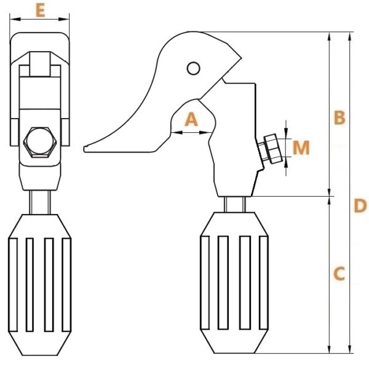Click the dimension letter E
pyautogui.click(x=41, y=11)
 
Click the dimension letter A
pyautogui.click(x=191, y=119)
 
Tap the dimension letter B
pyautogui.click(x=339, y=117)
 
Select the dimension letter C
pyautogui.click(x=339, y=274)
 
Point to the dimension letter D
pyautogui.click(x=360, y=205)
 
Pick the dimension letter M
pyautogui.click(x=301, y=148)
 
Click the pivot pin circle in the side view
pyautogui.click(x=194, y=68)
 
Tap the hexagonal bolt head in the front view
pyautogui.click(x=40, y=142)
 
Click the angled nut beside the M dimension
pyautogui.click(x=272, y=149)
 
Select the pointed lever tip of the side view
pyautogui.click(x=85, y=149)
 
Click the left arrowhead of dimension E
pyautogui.click(x=15, y=19)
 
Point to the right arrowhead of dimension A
pyautogui.click(x=205, y=133)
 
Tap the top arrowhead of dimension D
pyautogui.click(x=350, y=38)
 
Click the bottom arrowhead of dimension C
pyautogui.click(x=330, y=347)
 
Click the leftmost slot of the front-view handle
pyautogui.click(x=13, y=285)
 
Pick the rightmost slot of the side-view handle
pyautogui.click(x=263, y=283)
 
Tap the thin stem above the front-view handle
pyautogui.click(x=40, y=202)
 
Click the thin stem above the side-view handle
pyautogui.click(x=235, y=205)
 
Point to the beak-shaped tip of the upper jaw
pyautogui.click(x=240, y=57)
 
